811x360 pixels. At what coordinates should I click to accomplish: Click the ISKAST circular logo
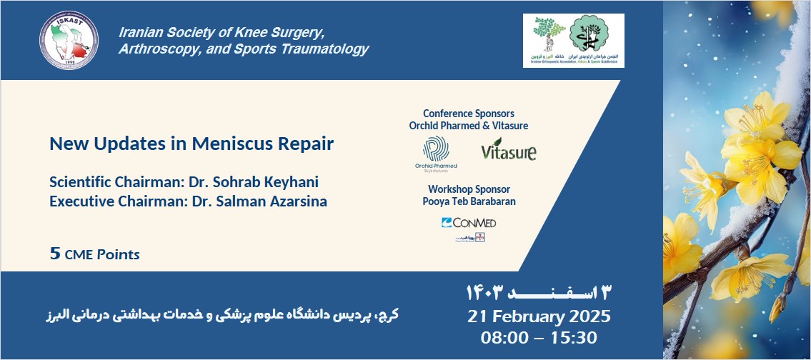tap(70, 40)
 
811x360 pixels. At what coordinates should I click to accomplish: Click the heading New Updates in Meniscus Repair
tap(191, 144)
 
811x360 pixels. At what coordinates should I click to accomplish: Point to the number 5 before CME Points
tap(54, 254)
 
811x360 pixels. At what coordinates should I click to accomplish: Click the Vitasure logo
tap(508, 151)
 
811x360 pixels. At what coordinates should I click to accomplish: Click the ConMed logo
tap(469, 223)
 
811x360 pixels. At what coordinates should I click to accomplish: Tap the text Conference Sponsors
tap(468, 114)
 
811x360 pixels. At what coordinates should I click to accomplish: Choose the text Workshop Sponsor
tap(469, 189)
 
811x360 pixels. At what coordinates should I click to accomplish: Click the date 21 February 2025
tap(539, 316)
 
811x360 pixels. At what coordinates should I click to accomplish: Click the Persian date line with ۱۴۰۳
tap(539, 292)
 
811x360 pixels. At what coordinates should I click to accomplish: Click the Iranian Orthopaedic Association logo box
tap(573, 41)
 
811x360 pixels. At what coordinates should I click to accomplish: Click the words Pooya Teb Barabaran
tap(469, 202)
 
